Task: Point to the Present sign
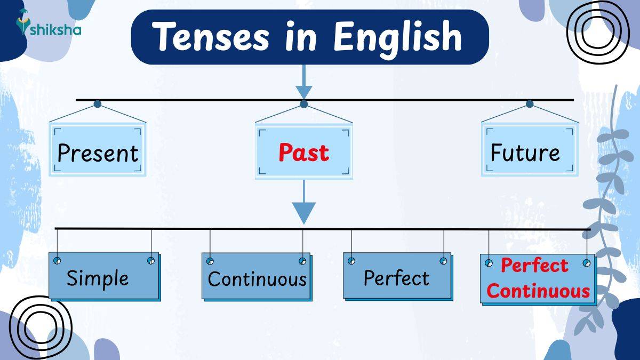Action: (x=98, y=153)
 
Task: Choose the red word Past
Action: (x=303, y=153)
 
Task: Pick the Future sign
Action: (x=525, y=153)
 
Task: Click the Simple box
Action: (x=98, y=278)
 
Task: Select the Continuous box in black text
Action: (x=257, y=279)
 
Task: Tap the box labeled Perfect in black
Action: (x=396, y=278)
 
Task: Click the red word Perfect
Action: (x=534, y=265)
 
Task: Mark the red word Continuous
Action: (x=538, y=291)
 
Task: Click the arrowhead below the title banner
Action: (x=303, y=91)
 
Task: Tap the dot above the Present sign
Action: (x=97, y=104)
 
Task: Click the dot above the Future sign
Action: (x=529, y=104)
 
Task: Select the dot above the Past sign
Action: (x=303, y=104)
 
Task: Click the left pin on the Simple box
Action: (x=57, y=261)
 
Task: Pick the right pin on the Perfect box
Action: (x=443, y=261)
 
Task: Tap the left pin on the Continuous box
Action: (x=210, y=261)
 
